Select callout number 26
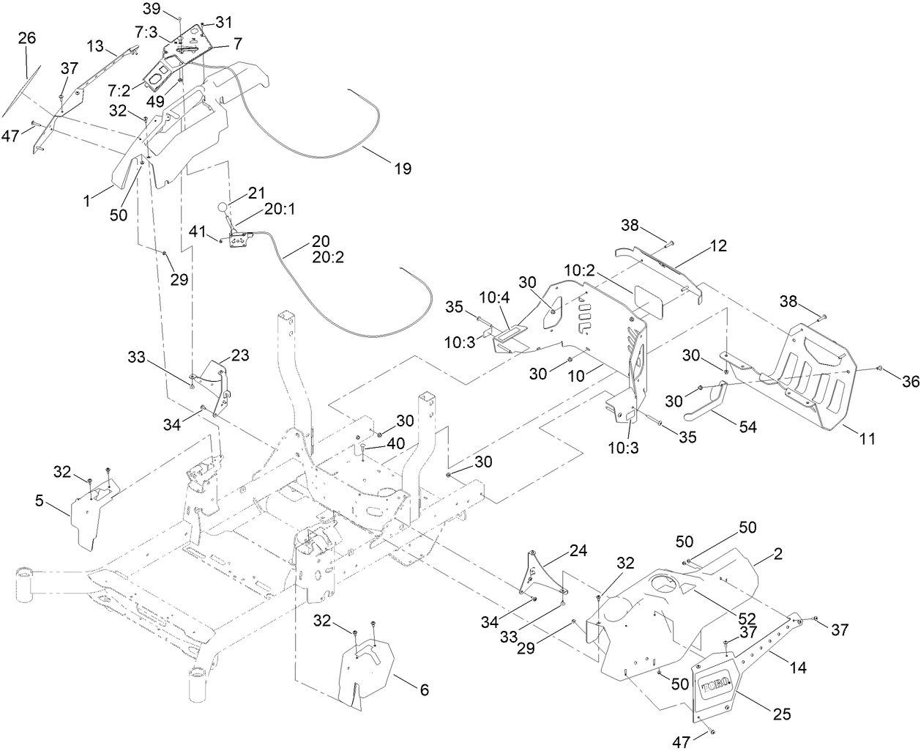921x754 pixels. click(x=26, y=39)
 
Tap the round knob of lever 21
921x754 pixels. click(x=223, y=207)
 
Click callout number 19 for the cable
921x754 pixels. click(x=402, y=169)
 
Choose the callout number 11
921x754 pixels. click(x=867, y=439)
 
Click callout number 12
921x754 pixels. click(x=718, y=247)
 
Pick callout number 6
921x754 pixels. click(x=424, y=690)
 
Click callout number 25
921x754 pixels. click(x=782, y=714)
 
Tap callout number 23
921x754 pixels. click(x=239, y=356)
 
